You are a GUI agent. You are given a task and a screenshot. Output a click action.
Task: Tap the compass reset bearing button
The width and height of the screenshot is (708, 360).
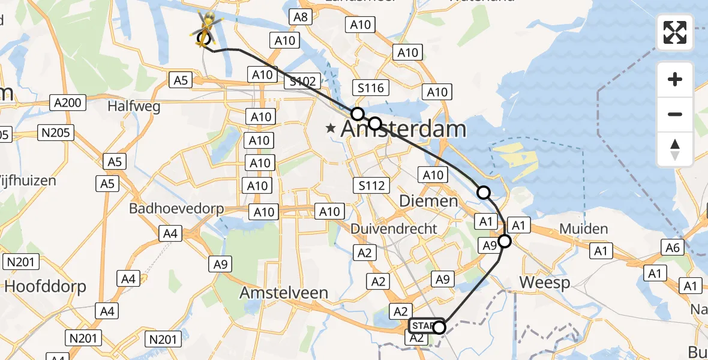pos(675,149)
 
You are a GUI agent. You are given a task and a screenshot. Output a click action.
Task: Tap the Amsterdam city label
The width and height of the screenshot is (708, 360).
pos(403,129)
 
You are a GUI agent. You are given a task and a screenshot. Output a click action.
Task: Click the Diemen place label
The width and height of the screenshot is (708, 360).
pos(430,201)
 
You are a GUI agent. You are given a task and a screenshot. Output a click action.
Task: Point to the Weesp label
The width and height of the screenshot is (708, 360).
pos(545,282)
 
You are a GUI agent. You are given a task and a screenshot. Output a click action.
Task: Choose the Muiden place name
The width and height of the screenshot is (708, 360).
pos(583,229)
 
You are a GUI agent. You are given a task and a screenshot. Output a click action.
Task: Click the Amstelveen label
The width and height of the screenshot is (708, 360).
pos(284,293)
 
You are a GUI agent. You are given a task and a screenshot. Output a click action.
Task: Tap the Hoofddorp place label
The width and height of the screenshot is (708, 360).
pos(45,286)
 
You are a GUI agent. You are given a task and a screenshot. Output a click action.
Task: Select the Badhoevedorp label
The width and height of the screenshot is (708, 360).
pos(176,209)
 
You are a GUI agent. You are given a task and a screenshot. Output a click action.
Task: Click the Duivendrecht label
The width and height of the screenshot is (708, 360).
pos(394,229)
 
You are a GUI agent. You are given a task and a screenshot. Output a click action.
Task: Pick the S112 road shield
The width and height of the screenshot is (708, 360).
pos(371,185)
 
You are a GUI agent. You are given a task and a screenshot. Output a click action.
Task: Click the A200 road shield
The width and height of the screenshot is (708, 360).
pos(66,103)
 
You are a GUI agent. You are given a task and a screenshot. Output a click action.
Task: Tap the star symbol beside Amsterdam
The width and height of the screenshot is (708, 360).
pos(330,128)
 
